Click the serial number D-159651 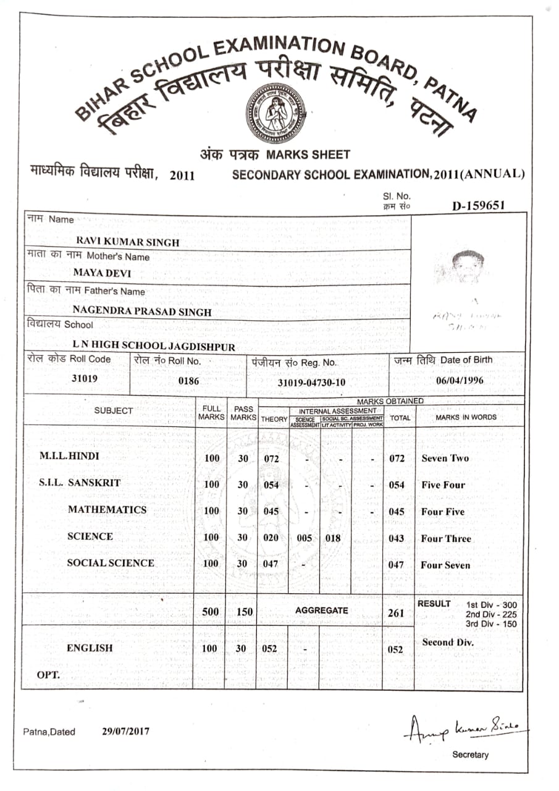tap(478, 206)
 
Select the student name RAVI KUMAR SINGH tap(127, 242)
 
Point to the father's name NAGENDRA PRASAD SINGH tap(142, 312)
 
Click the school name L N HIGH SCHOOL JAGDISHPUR tap(154, 347)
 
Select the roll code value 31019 tap(85, 379)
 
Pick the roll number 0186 tap(189, 381)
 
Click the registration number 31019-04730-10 tap(311, 383)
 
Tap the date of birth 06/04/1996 tap(460, 380)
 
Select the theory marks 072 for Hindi tap(271, 459)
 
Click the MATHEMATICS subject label tap(107, 510)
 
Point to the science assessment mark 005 tap(304, 538)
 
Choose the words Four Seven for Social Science tap(445, 565)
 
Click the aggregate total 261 tap(397, 614)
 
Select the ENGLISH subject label tap(90, 648)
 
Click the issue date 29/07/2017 tap(125, 731)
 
